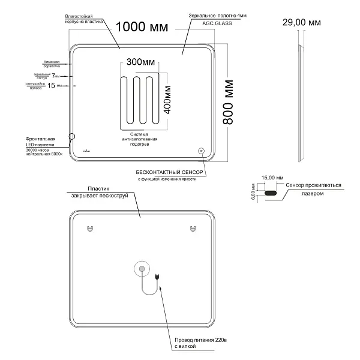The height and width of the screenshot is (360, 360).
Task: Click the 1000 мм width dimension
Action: tap(142, 28)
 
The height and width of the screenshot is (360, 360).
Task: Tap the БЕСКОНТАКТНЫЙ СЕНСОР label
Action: tap(172, 172)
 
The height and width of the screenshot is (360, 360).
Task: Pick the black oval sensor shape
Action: tap(271, 193)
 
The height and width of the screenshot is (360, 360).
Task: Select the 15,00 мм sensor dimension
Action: tap(272, 178)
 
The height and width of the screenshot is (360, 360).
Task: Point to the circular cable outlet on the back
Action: tap(142, 270)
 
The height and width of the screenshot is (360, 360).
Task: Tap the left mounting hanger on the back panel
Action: tap(90, 228)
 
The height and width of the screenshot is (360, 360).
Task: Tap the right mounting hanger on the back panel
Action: tap(193, 228)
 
